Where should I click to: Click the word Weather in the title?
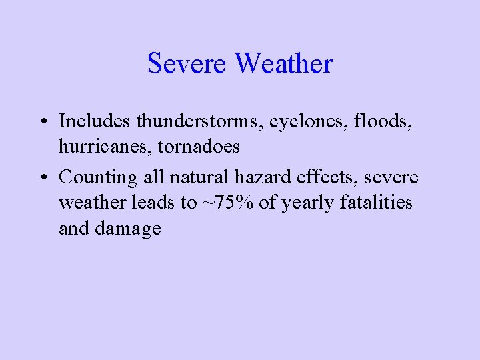point(284,64)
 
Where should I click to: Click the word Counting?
point(98,177)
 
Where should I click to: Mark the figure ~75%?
point(227,203)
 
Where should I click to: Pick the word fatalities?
point(376,203)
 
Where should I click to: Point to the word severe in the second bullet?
point(390,178)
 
